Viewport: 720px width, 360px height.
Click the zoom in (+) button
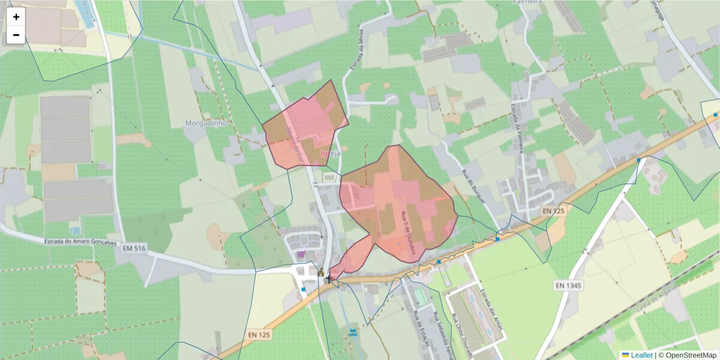16,17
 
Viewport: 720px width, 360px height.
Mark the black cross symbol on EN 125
329,279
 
